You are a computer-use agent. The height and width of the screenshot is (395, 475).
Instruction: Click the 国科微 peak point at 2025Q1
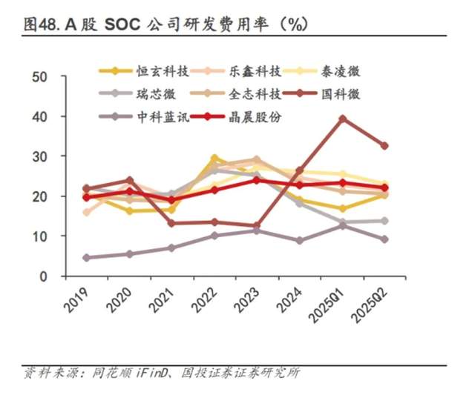[342, 119]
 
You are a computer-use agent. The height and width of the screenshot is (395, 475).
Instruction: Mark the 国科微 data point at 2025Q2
[384, 146]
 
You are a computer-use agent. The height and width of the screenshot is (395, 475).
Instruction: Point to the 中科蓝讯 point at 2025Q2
[384, 239]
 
